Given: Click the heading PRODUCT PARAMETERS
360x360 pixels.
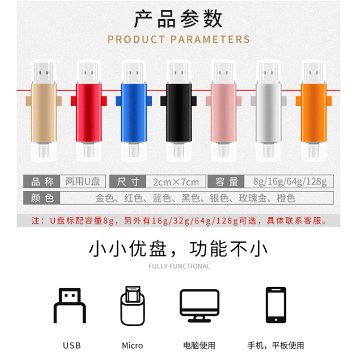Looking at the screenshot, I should tap(179, 39).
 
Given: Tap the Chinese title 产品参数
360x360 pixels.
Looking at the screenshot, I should tap(179, 19).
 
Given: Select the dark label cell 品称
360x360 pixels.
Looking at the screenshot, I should tap(42, 181).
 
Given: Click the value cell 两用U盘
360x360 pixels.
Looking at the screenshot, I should tap(83, 181).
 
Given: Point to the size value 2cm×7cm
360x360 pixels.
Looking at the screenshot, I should tap(175, 182).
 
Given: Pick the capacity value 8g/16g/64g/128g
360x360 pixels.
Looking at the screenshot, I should tap(289, 182).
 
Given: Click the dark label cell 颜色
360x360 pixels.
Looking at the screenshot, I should tap(42, 198).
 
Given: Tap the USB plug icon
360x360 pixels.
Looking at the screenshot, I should tap(70, 306).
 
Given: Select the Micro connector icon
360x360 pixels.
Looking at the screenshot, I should tap(132, 306).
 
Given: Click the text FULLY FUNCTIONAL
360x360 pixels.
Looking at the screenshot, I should tap(179, 266).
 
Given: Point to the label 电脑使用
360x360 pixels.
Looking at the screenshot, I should tap(199, 346).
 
